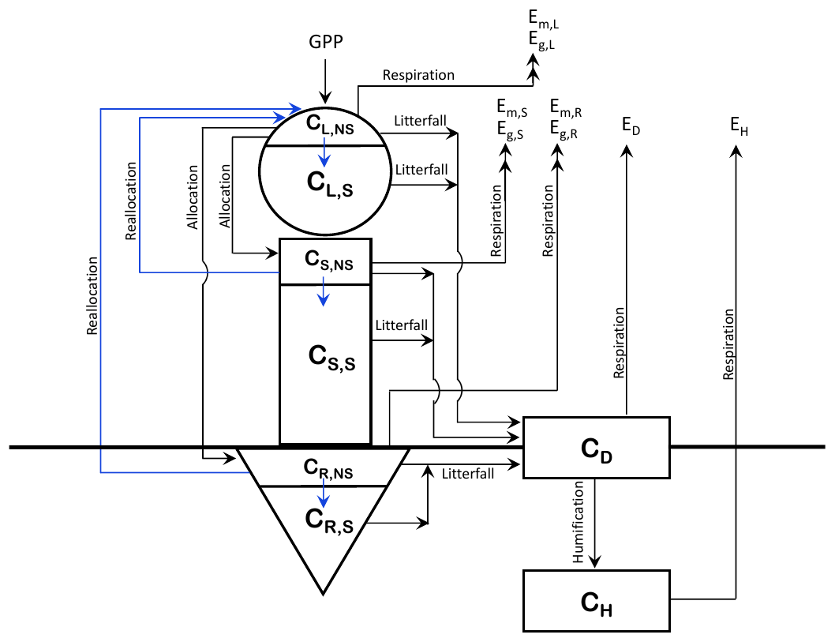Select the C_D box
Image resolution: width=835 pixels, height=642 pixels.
click(x=596, y=448)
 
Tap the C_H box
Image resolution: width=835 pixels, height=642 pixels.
click(x=596, y=601)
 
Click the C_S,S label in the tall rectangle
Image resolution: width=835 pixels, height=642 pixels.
click(x=331, y=358)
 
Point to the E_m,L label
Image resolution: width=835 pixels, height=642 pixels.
click(x=544, y=24)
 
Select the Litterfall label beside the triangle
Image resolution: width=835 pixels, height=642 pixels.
click(x=468, y=474)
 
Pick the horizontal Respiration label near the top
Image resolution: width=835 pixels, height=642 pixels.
click(x=418, y=75)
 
